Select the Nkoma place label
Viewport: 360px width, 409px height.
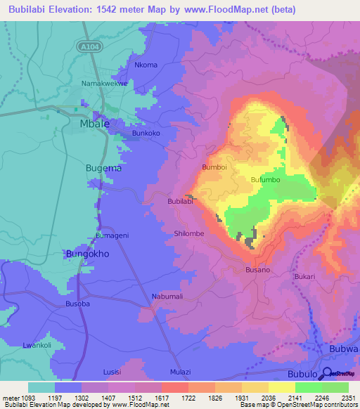pyautogui.click(x=146, y=65)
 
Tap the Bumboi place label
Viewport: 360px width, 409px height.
pyautogui.click(x=214, y=167)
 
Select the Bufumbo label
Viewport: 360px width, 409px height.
pyautogui.click(x=266, y=180)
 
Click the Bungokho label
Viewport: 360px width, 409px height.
pyautogui.click(x=87, y=254)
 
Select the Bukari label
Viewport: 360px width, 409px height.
pyautogui.click(x=305, y=277)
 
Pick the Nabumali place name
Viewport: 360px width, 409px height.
pyautogui.click(x=167, y=297)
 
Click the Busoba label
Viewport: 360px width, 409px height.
pyautogui.click(x=77, y=304)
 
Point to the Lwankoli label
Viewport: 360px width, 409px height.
pyautogui.click(x=38, y=345)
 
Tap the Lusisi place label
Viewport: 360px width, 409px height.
pyautogui.click(x=112, y=371)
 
